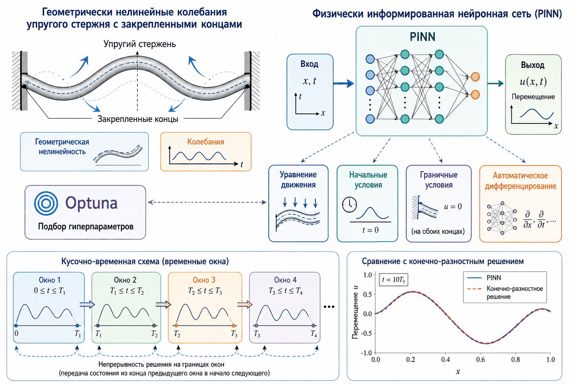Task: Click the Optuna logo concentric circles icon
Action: pos(46,203)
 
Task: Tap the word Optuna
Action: pos(92,203)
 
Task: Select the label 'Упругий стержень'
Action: pos(139,44)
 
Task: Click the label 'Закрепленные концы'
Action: pos(138,119)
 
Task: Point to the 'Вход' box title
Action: pos(309,64)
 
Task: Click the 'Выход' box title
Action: pos(533,65)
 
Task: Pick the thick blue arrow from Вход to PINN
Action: pos(343,83)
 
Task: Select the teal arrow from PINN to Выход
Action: pos(496,83)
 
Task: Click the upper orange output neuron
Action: pos(475,77)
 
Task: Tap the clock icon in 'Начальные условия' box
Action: pos(349,204)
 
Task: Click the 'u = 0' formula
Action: pos(453,206)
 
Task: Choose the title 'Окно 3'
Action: pos(204,280)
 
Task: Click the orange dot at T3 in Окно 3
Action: pos(234,325)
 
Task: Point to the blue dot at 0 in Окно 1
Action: pos(16,325)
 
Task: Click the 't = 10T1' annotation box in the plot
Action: pos(393,280)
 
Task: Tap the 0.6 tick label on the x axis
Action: pos(481,360)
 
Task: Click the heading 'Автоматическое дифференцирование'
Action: pos(521,181)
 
